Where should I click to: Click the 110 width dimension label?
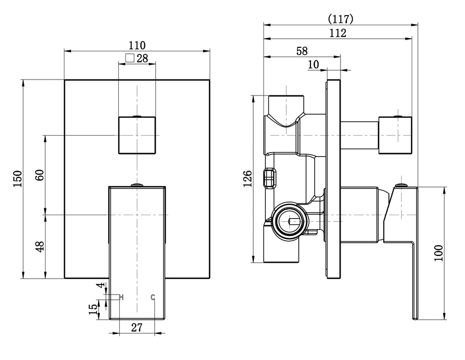[x=137, y=46]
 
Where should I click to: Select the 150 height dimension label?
[x=18, y=178]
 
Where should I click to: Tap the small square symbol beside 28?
[x=130, y=58]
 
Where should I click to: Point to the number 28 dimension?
[x=142, y=58]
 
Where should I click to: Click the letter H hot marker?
[x=121, y=297]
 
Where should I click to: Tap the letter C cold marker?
[x=153, y=297]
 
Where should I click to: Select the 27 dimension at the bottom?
[x=137, y=328]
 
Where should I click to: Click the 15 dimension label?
[x=93, y=310]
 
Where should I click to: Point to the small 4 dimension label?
[x=101, y=285]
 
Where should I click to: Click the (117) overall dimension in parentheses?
[x=341, y=19]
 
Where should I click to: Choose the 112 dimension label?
[x=338, y=33]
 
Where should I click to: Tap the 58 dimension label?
[x=302, y=51]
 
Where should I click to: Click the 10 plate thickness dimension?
[x=313, y=64]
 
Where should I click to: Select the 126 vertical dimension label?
[x=248, y=178]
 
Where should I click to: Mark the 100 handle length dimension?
[x=438, y=253]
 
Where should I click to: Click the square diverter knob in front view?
[x=137, y=135]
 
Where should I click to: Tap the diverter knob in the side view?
[x=395, y=135]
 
